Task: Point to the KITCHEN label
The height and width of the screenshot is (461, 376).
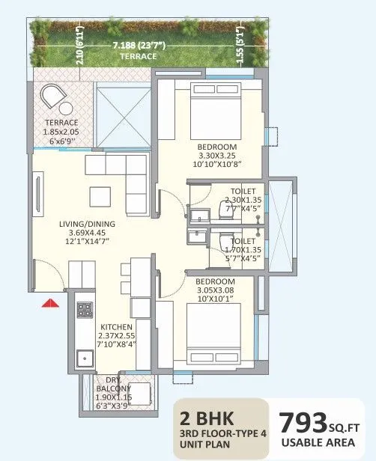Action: click(x=117, y=327)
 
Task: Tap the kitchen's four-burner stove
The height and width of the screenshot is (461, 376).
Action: click(x=85, y=308)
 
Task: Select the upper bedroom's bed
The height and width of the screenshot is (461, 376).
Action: click(x=213, y=106)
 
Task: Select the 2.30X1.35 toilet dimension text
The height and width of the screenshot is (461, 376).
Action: click(x=243, y=201)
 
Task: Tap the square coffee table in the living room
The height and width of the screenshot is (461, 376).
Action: click(x=101, y=196)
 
